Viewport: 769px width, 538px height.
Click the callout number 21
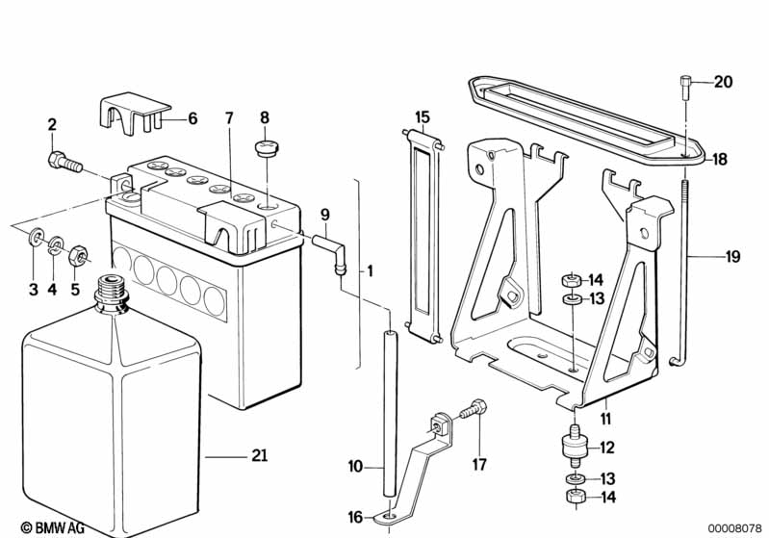tap(259, 456)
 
